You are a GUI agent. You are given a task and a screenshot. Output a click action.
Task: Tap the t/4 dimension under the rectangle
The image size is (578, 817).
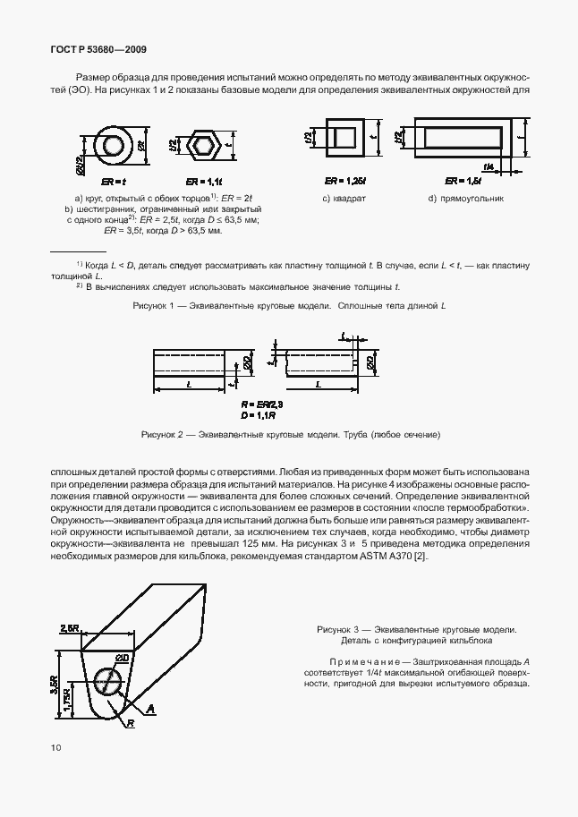pos(487,166)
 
